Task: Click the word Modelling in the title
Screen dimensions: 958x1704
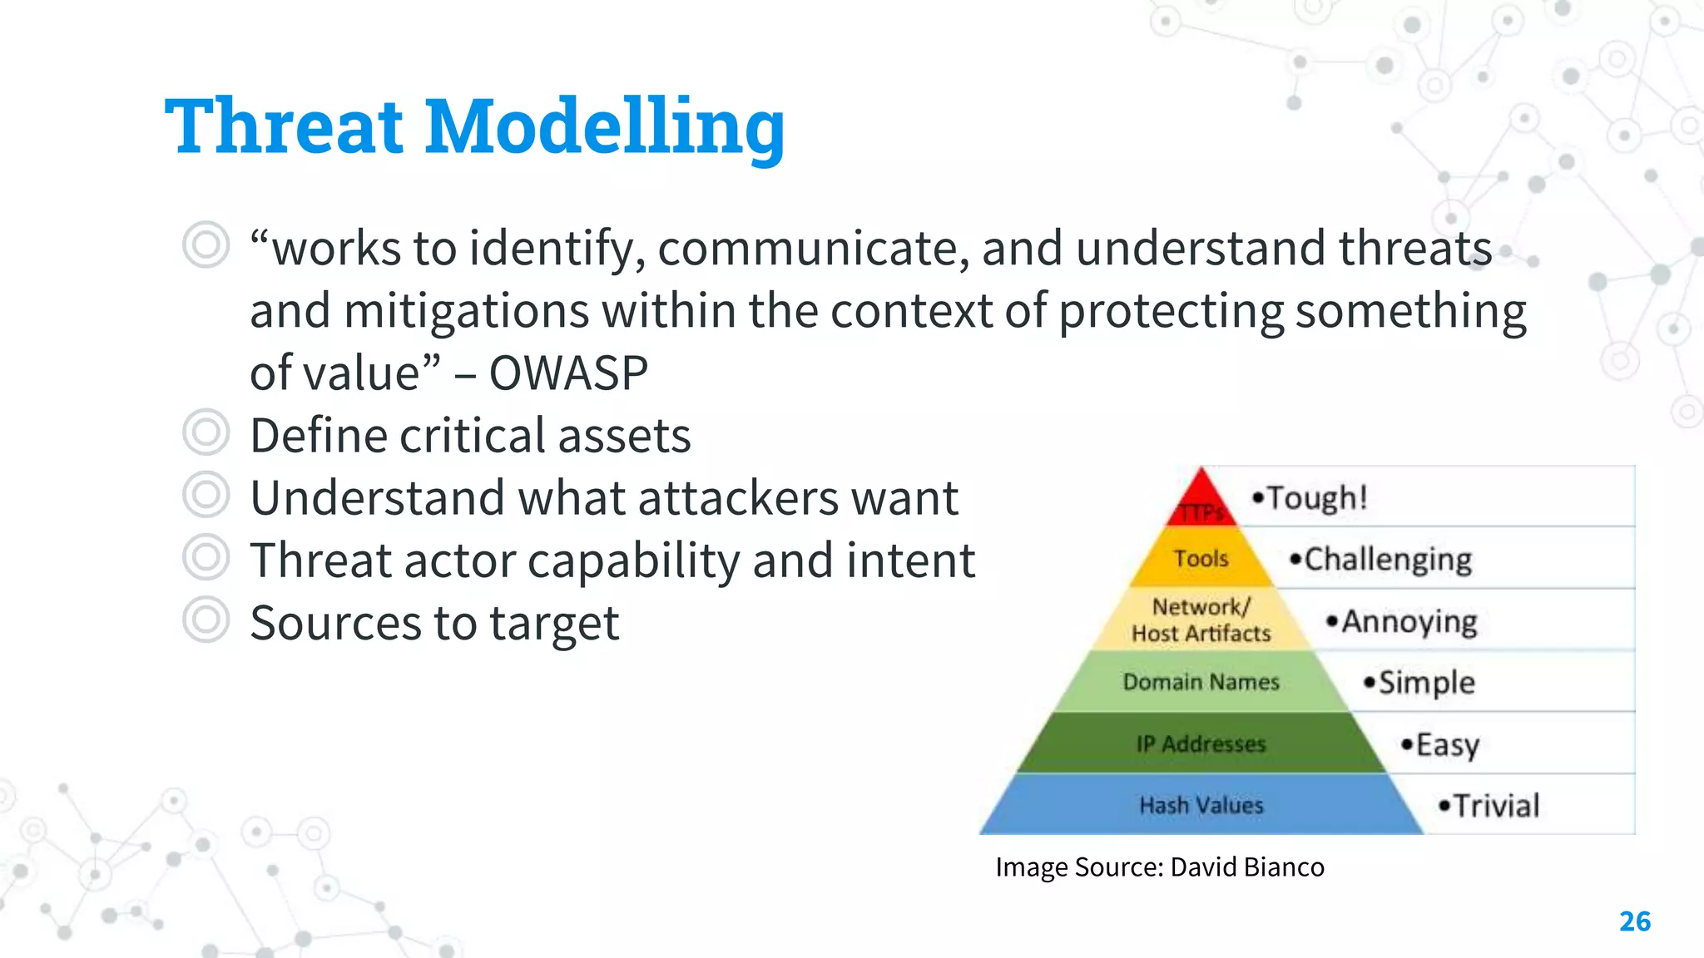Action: click(605, 126)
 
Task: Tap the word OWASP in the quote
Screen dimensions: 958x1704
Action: click(568, 373)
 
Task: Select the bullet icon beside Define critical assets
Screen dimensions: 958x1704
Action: click(206, 432)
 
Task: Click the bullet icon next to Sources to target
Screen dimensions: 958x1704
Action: click(206, 620)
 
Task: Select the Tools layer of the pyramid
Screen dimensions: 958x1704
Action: click(1201, 558)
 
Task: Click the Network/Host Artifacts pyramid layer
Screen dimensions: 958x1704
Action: click(1201, 620)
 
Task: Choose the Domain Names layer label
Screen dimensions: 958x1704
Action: click(1201, 682)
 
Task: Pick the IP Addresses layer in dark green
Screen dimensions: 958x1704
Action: click(1201, 743)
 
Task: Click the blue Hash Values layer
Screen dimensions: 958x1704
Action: click(1201, 805)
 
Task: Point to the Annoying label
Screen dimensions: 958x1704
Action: click(1409, 621)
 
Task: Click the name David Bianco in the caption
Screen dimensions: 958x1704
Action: click(1246, 867)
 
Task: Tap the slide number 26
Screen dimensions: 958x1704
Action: click(1634, 921)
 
